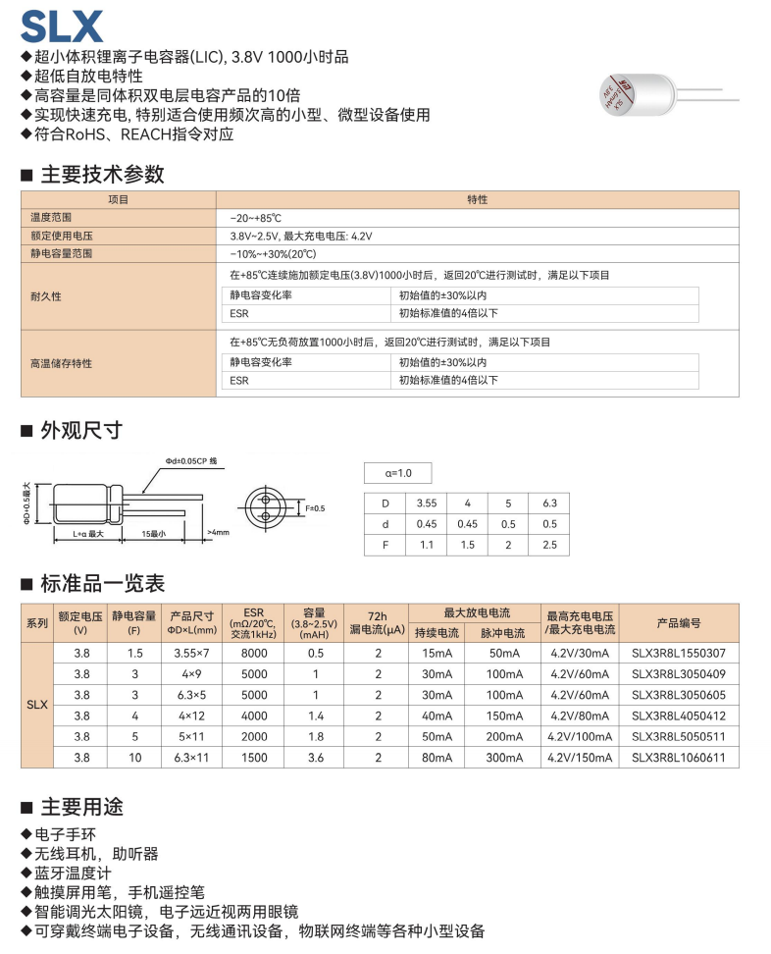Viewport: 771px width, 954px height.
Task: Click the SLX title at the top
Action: (x=61, y=25)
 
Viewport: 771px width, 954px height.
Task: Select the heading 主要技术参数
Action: (x=102, y=175)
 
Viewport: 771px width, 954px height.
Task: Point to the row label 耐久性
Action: (x=46, y=295)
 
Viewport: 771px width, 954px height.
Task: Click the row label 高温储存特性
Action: (x=61, y=362)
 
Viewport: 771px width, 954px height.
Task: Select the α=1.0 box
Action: (x=397, y=473)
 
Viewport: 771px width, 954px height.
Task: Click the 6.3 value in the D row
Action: (x=549, y=503)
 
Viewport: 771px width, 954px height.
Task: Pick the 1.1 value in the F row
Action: (x=427, y=545)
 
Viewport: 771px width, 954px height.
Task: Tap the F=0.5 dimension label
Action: (x=315, y=507)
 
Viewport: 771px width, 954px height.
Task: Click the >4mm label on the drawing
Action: (x=218, y=533)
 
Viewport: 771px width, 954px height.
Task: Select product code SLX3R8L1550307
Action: (x=679, y=653)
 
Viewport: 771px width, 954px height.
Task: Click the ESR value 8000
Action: (x=254, y=653)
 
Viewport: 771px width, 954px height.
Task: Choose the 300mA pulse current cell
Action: (x=503, y=758)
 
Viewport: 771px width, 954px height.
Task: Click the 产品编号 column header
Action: (x=679, y=623)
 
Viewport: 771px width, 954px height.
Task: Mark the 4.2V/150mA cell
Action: (x=580, y=758)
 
